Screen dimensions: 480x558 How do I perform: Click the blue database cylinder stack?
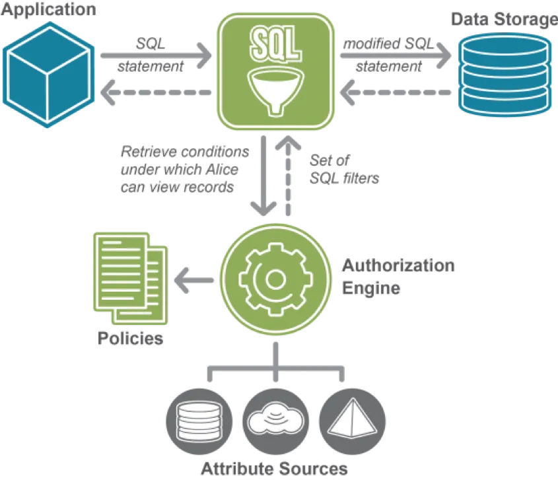pos(505,73)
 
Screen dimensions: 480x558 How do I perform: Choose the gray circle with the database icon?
pos(200,417)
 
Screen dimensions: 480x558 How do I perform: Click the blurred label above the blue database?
pos(502,18)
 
